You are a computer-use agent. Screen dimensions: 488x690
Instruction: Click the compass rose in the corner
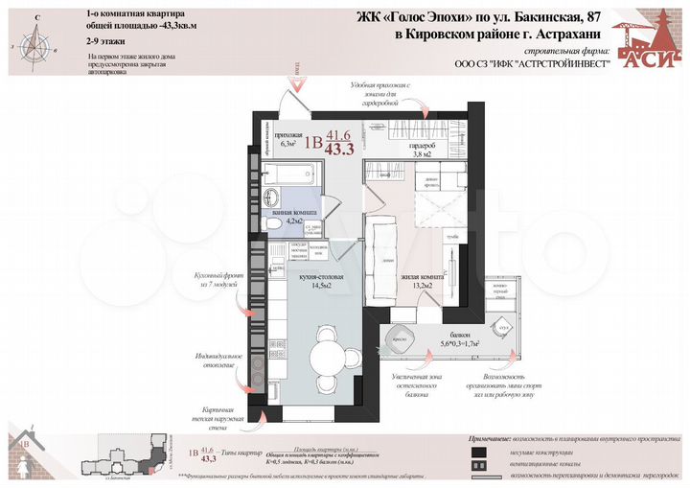pos(35,41)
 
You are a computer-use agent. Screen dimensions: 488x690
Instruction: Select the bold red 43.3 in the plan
pos(339,149)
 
